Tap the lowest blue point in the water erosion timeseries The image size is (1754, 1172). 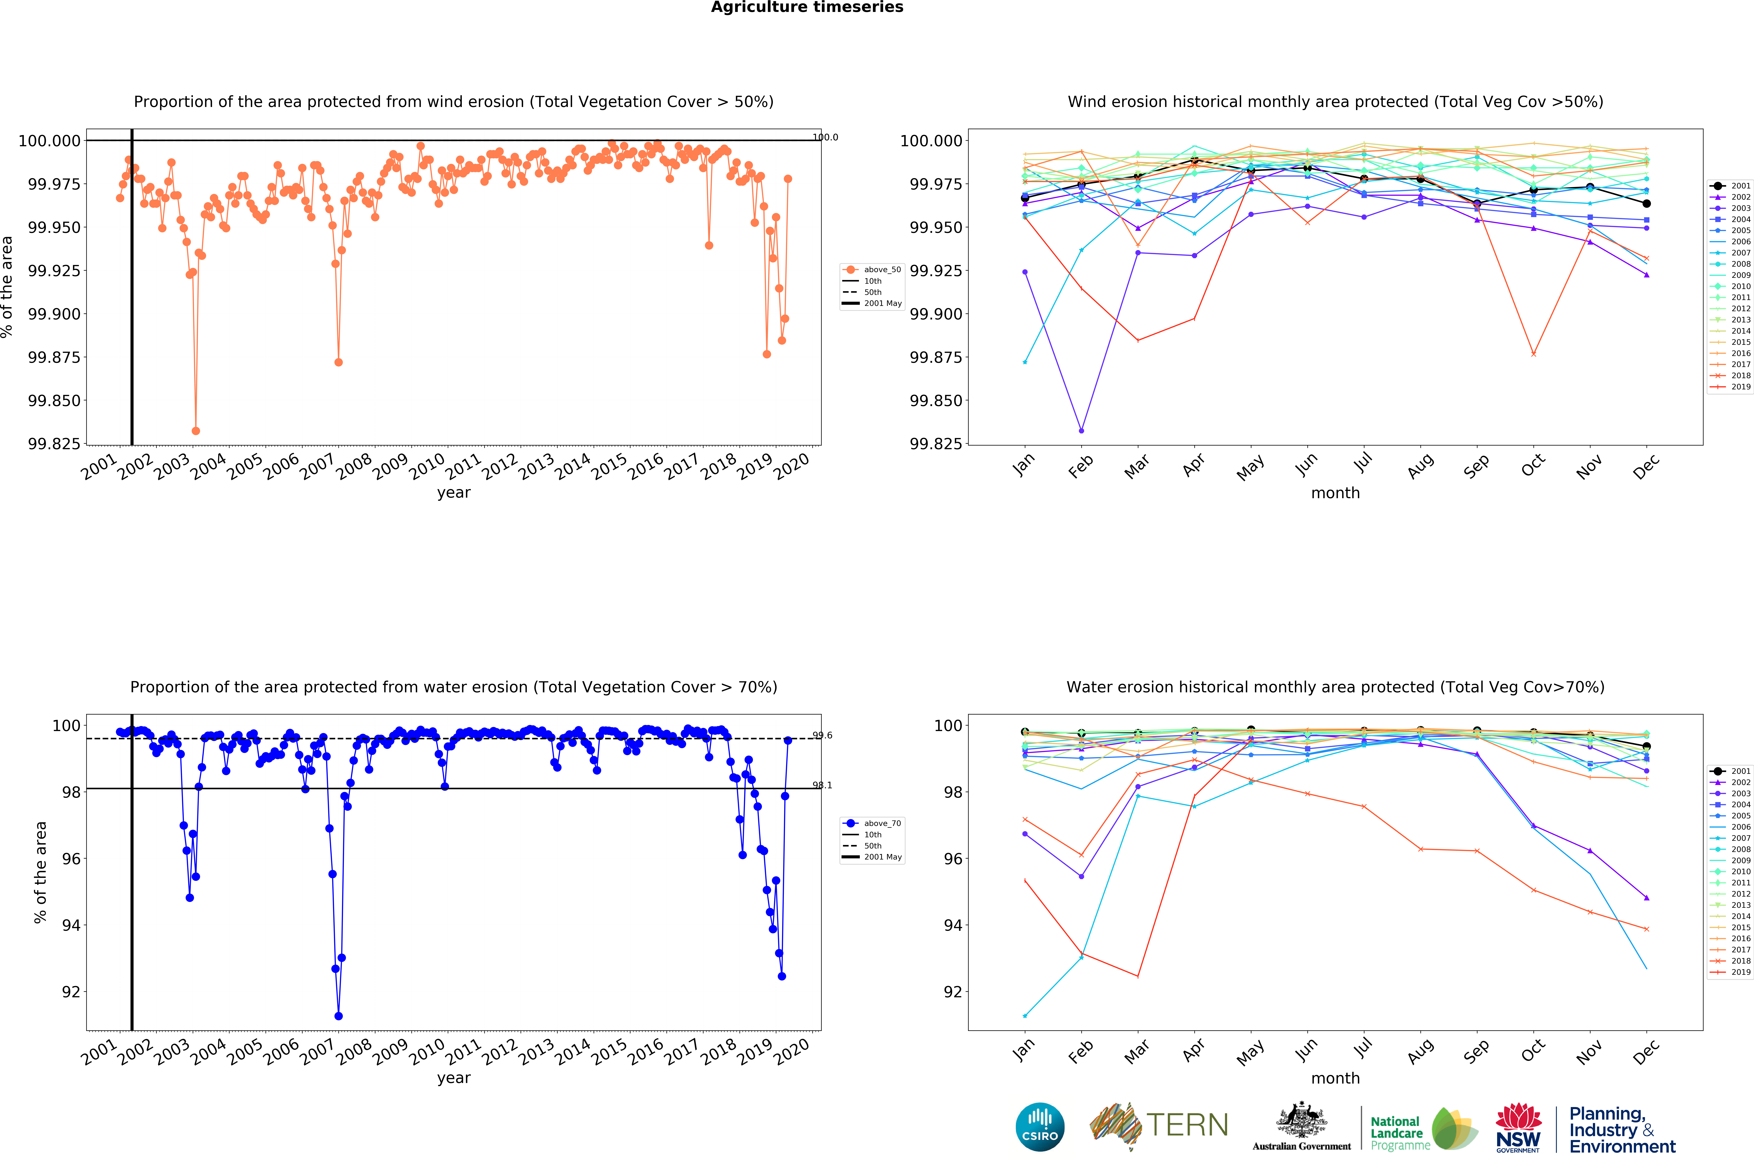tap(339, 1016)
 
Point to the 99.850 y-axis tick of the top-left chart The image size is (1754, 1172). tap(54, 401)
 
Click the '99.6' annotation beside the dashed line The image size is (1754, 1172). tap(822, 735)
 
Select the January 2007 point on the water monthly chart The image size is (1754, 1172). tap(1025, 1016)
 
